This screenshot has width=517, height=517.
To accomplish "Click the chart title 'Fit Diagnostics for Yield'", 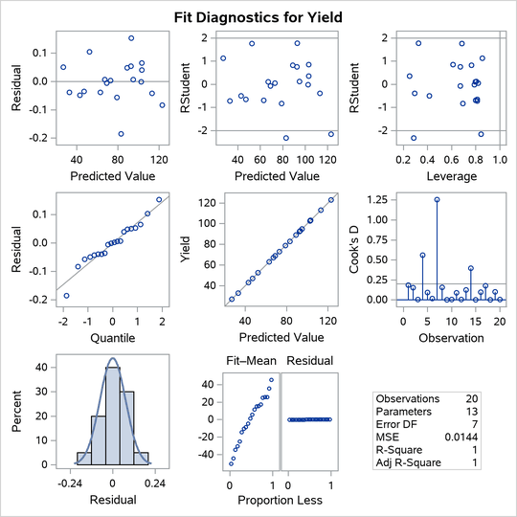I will click(x=258, y=16).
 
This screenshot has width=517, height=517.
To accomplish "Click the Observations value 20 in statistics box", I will click(x=493, y=397).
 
